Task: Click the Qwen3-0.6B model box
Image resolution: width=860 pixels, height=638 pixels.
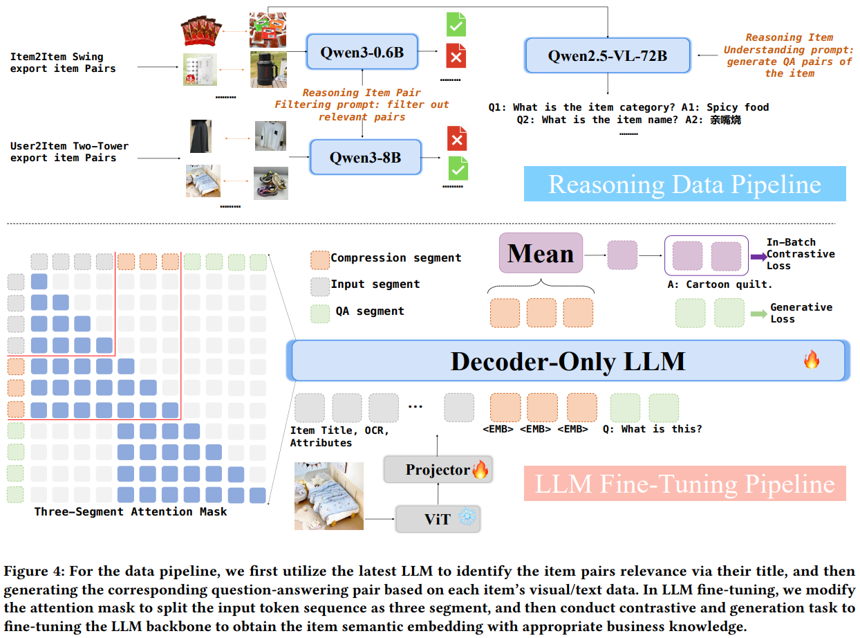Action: click(362, 51)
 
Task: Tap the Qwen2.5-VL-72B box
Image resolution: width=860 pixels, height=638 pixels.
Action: click(608, 55)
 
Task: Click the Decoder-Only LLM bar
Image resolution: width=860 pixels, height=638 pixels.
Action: click(568, 361)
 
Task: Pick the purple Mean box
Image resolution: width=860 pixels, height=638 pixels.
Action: click(541, 253)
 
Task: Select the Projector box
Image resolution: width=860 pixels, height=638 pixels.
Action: click(438, 471)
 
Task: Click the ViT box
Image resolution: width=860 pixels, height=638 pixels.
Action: click(437, 518)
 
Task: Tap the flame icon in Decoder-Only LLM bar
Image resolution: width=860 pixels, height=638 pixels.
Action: click(811, 360)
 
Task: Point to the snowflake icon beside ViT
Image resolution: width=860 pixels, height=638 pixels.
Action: click(468, 518)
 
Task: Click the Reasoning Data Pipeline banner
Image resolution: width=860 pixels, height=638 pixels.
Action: click(684, 184)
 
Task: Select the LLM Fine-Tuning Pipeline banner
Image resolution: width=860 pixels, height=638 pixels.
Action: click(684, 484)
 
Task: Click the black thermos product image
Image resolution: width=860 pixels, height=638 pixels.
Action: click(269, 70)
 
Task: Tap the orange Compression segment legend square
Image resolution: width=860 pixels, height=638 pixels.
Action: click(320, 259)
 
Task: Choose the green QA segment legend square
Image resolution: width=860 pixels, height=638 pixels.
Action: click(320, 312)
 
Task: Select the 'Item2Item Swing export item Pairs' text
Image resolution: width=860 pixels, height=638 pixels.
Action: click(62, 63)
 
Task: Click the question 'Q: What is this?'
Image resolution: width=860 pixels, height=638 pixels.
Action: click(652, 429)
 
